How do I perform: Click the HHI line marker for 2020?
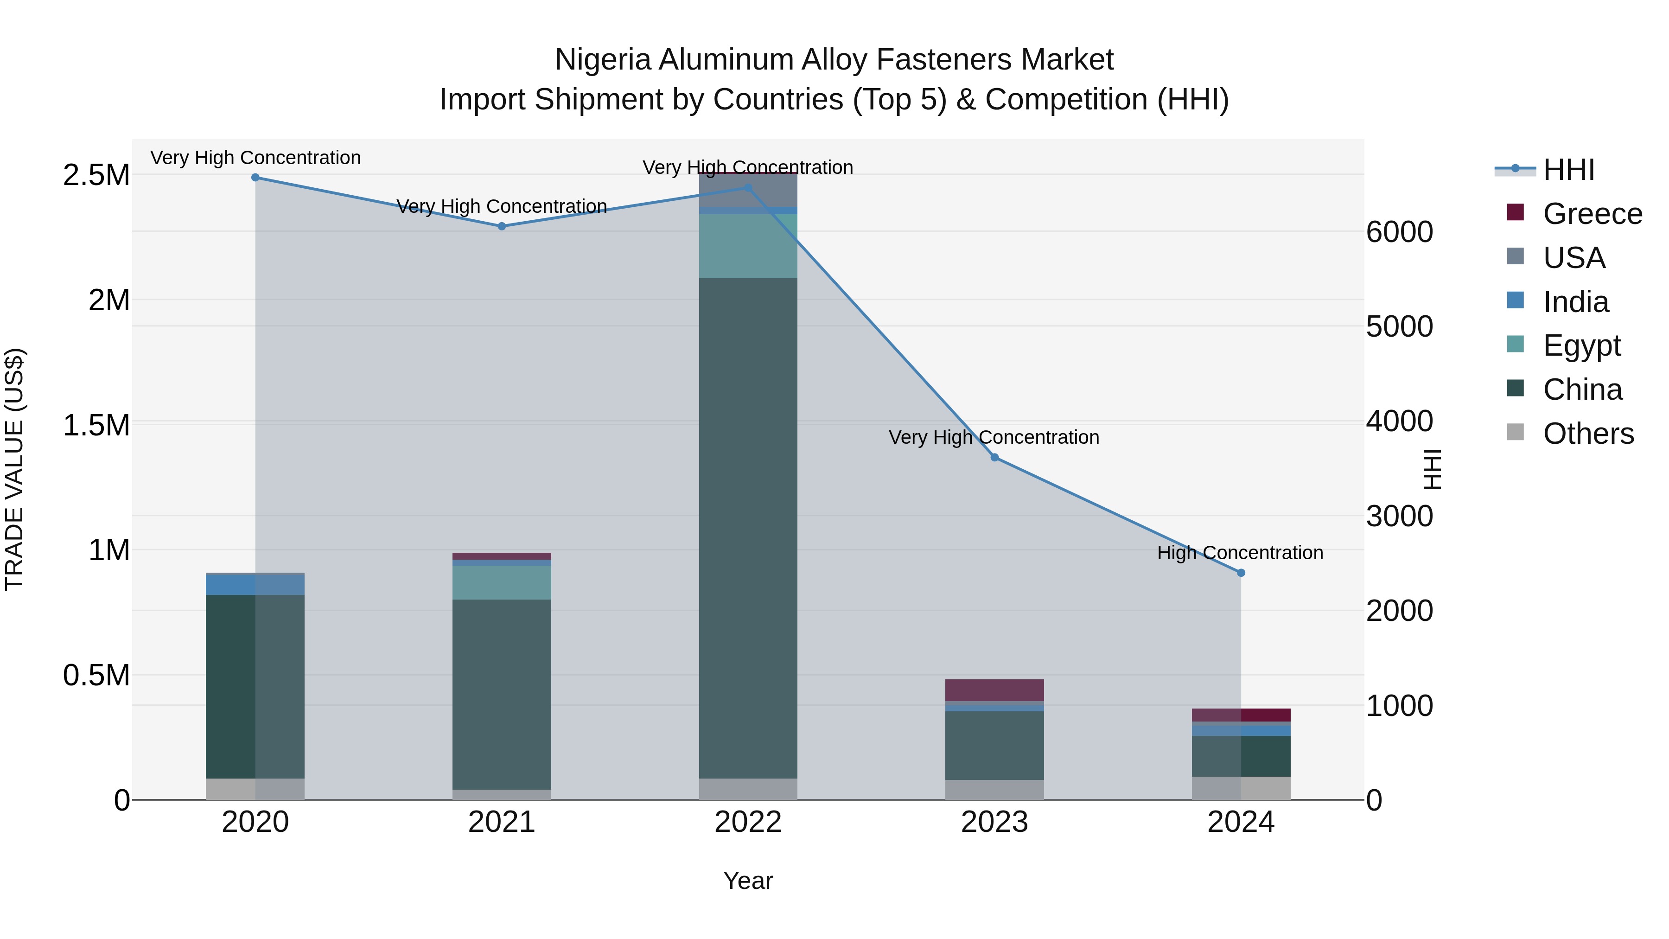coord(255,178)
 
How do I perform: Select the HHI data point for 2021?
coord(502,226)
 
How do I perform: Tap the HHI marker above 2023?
coord(994,458)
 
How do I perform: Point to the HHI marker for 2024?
coord(1241,573)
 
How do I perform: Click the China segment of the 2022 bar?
coord(748,528)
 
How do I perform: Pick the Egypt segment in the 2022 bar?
coord(748,246)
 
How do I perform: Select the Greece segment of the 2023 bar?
coord(994,690)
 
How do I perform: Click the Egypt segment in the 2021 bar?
coord(502,582)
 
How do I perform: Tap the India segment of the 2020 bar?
coord(255,585)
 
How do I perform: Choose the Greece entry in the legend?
coord(1592,214)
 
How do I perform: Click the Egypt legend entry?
coord(1581,345)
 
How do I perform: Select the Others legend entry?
coord(1588,434)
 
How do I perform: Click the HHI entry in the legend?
coord(1568,170)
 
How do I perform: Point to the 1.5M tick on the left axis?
coord(96,426)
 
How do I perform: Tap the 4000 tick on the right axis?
coord(1400,421)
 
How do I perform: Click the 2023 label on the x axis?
coord(994,822)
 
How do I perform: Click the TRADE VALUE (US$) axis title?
coord(14,469)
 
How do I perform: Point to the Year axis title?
coord(748,881)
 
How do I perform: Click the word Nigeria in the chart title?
coord(603,60)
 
